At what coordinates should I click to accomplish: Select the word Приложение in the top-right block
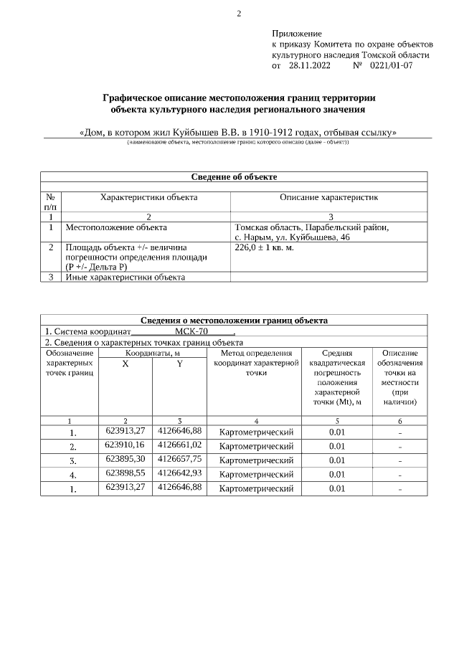pyautogui.click(x=297, y=34)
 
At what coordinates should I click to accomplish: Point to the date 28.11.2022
pyautogui.click(x=309, y=65)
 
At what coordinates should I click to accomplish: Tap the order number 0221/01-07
pyautogui.click(x=391, y=65)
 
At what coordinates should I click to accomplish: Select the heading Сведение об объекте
pyautogui.click(x=234, y=176)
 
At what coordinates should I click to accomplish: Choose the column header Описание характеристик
pyautogui.click(x=328, y=197)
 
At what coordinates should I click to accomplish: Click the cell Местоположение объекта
pyautogui.click(x=111, y=227)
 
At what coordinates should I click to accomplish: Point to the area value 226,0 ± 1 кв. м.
pyautogui.click(x=264, y=247)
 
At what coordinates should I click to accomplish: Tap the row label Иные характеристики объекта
pyautogui.click(x=125, y=277)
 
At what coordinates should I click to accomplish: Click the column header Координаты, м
pyautogui.click(x=153, y=353)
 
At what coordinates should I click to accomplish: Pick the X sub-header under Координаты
pyautogui.click(x=126, y=364)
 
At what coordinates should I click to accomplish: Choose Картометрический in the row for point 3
pyautogui.click(x=256, y=460)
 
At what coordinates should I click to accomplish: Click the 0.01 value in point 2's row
pyautogui.click(x=337, y=446)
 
